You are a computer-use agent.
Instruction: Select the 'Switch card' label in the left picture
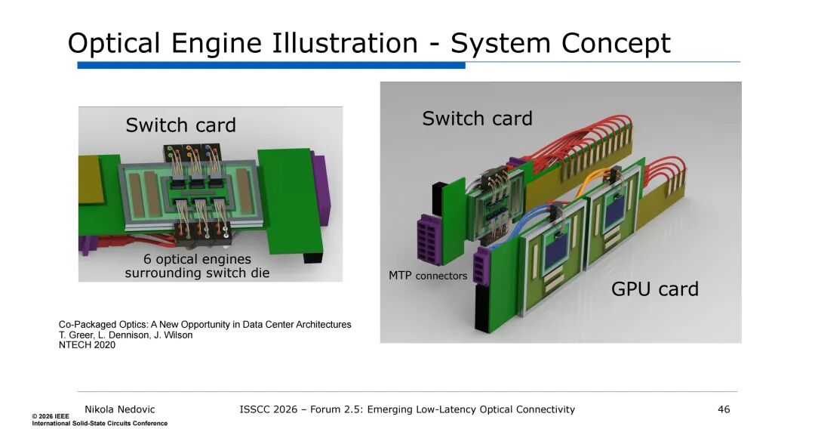point(180,125)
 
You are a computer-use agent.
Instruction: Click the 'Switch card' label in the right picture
point(477,119)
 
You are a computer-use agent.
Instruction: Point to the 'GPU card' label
point(654,289)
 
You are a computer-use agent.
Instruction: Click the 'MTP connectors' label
point(428,276)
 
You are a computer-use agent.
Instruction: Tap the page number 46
point(724,409)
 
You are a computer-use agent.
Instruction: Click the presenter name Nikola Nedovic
point(119,409)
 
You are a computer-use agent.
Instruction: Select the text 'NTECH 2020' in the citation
point(87,345)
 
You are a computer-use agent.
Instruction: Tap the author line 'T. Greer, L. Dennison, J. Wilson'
point(125,335)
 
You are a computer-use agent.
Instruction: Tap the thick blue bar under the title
point(271,66)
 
